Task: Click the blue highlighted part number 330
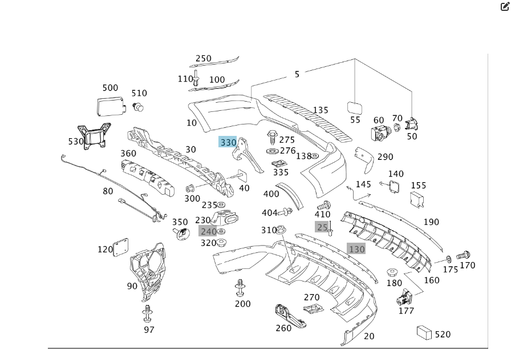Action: click(228, 142)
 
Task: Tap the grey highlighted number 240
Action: click(208, 231)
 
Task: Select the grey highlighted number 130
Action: click(356, 249)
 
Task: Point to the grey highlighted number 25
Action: click(322, 227)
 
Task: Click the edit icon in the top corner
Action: click(504, 7)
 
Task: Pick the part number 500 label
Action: click(110, 88)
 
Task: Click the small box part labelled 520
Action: click(424, 332)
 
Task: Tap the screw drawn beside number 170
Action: click(463, 255)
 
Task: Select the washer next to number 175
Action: click(449, 259)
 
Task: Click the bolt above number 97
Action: click(148, 312)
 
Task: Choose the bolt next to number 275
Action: click(272, 137)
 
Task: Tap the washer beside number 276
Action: click(272, 151)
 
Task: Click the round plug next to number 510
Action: click(138, 106)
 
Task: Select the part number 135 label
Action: click(321, 110)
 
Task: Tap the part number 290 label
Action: click(385, 157)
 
